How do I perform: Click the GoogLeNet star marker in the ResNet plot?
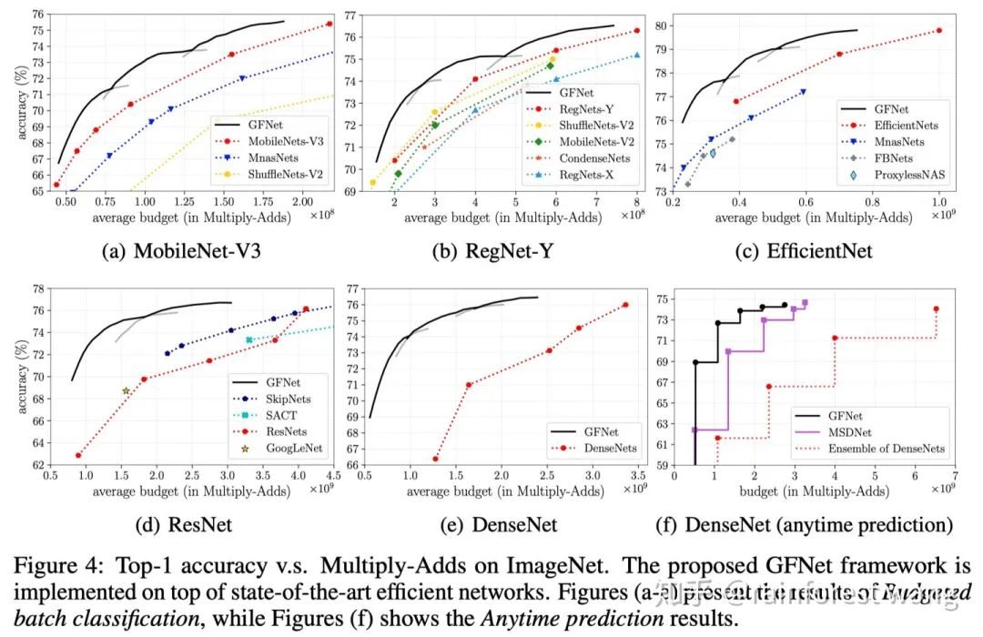click(x=126, y=390)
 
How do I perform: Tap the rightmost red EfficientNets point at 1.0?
click(x=938, y=30)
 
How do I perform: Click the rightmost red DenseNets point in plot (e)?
click(x=625, y=305)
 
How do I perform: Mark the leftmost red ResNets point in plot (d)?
click(x=78, y=455)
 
